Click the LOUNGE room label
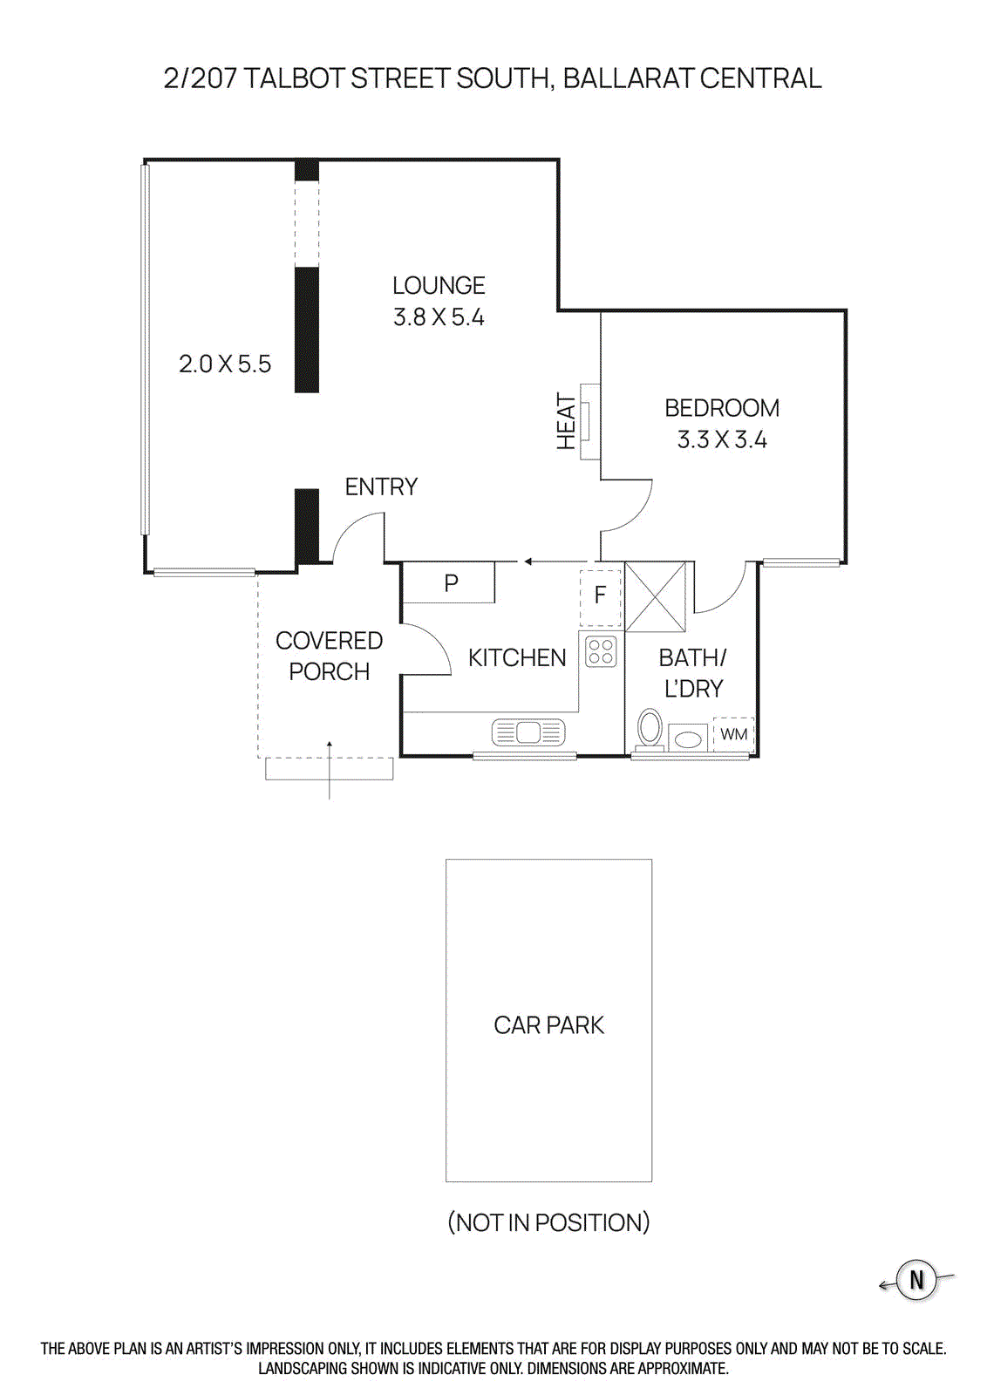(x=439, y=286)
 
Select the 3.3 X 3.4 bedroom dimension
(x=722, y=439)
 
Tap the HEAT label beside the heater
(x=567, y=422)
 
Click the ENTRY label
(x=381, y=487)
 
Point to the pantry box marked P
(x=450, y=582)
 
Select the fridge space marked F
(x=600, y=596)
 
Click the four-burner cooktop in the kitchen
(x=601, y=651)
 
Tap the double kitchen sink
(x=528, y=732)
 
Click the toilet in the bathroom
(x=650, y=727)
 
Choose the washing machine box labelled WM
(x=733, y=734)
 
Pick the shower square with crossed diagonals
(x=656, y=596)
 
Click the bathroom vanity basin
(x=689, y=739)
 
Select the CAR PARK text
(x=548, y=1025)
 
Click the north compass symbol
(x=916, y=1280)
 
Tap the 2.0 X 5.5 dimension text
(x=225, y=364)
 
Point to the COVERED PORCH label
(x=329, y=656)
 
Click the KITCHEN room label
(x=516, y=657)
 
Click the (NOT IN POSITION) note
(x=548, y=1222)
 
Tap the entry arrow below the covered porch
(x=329, y=771)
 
